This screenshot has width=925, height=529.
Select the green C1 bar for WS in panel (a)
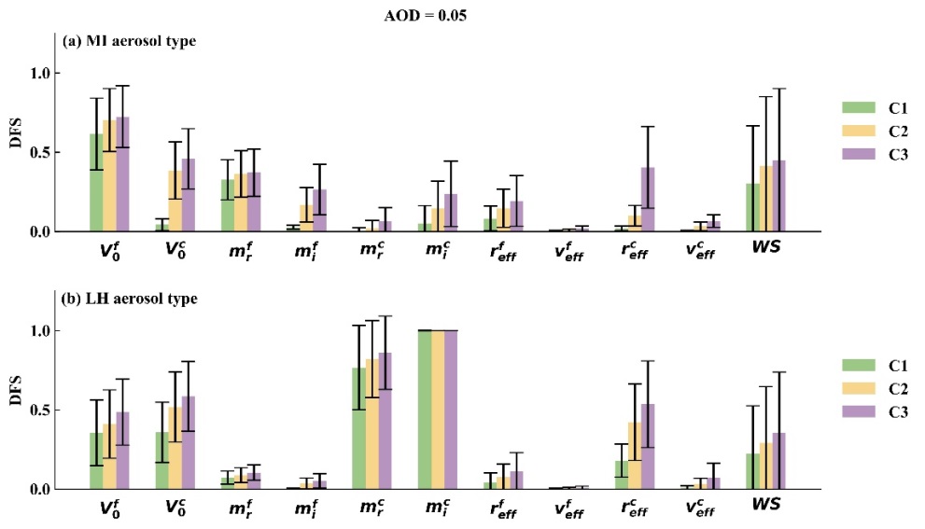(x=752, y=207)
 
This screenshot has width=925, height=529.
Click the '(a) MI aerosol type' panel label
(x=130, y=41)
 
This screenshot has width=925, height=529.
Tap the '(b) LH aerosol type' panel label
(x=129, y=299)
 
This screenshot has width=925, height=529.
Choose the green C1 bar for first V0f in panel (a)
(x=96, y=183)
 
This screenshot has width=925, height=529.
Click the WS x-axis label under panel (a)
(x=765, y=250)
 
